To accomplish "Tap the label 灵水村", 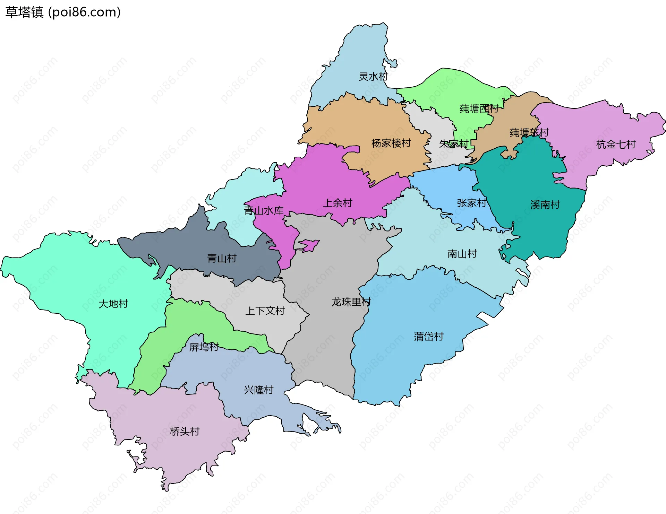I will tap(373, 77).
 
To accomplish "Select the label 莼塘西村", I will tap(479, 109).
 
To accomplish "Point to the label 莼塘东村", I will tap(529, 132).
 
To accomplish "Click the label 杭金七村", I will tap(616, 144).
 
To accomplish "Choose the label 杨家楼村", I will tap(391, 143).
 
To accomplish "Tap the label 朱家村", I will tap(454, 144).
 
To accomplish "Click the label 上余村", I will tap(338, 203).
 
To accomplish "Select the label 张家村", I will tap(471, 203).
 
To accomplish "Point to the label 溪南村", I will tap(545, 205).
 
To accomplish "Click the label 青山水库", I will tap(264, 210).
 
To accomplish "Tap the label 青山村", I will tap(222, 258).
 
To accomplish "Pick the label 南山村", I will tap(462, 254).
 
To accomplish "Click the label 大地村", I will tap(113, 304).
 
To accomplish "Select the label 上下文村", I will tap(265, 311).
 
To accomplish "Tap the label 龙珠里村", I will tap(351, 302).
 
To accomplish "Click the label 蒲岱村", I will tap(428, 336).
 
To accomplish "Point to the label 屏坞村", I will tap(204, 347).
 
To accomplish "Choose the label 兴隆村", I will tap(258, 390).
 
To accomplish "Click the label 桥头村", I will tap(185, 432).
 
